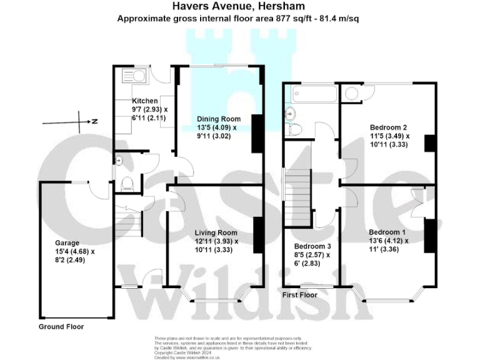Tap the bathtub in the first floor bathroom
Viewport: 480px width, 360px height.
click(310, 94)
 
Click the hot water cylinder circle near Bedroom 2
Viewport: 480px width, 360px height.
click(351, 93)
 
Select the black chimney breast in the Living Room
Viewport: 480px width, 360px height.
click(257, 234)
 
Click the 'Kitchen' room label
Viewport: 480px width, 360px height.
click(144, 101)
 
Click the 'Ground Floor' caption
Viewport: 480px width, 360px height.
click(61, 326)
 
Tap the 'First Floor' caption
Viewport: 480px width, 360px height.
click(300, 294)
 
